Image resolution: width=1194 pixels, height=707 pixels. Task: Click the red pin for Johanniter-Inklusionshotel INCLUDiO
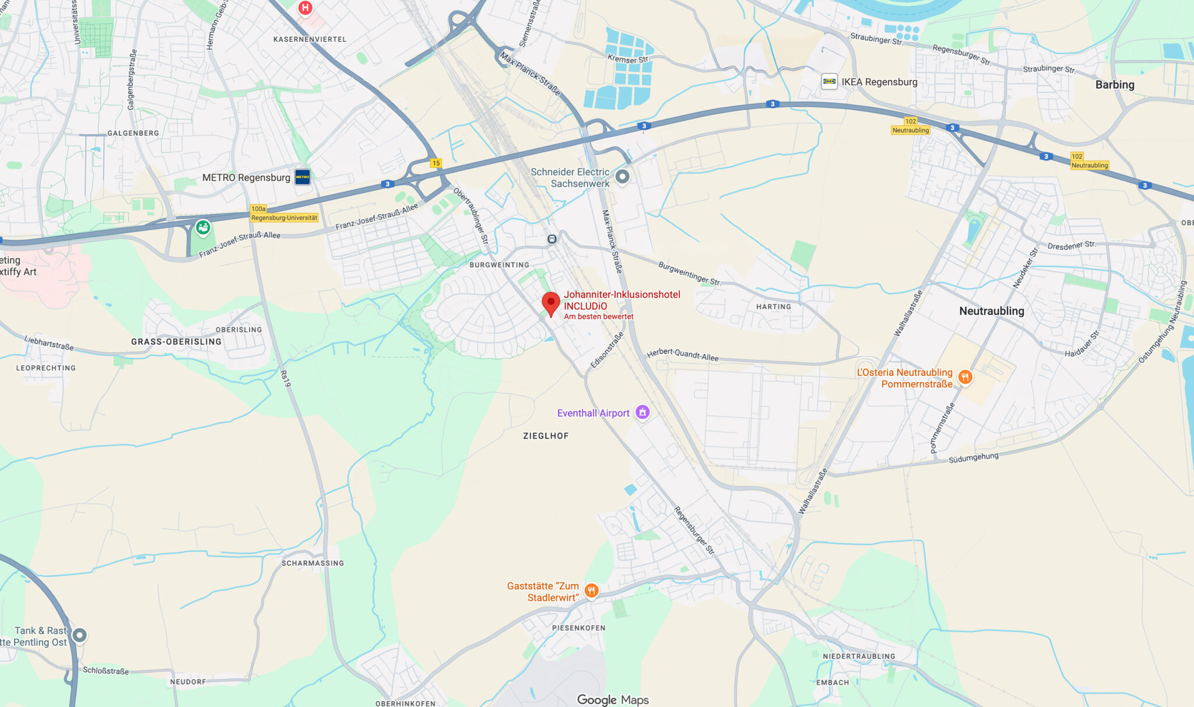point(551,303)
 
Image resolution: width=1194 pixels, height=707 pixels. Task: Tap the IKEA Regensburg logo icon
point(829,82)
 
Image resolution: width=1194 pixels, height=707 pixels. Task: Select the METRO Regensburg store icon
point(302,177)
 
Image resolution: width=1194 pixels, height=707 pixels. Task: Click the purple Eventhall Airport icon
point(642,412)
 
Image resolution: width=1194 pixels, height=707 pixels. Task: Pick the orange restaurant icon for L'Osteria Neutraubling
point(965,377)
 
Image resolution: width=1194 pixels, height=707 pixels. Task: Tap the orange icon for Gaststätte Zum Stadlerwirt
point(591,591)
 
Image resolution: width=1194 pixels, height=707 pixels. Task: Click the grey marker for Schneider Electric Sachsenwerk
point(623,176)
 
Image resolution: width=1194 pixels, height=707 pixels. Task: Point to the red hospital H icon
point(305,8)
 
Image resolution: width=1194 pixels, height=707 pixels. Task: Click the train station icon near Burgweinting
point(552,239)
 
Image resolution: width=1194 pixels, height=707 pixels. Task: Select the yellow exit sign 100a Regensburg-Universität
point(284,213)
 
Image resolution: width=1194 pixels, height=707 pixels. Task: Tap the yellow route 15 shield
point(436,163)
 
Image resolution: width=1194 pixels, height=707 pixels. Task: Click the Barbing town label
point(1114,85)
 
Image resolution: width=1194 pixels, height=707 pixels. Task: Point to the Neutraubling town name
point(991,311)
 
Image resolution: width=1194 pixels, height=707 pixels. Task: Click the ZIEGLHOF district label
point(545,436)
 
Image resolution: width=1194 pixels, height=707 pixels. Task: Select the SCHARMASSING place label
point(312,563)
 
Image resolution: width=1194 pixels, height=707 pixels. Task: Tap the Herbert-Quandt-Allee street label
point(682,354)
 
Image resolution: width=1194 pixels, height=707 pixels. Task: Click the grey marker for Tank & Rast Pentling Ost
point(79,635)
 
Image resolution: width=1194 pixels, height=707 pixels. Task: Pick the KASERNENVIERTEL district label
point(310,39)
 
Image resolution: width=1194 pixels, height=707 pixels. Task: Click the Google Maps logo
point(612,699)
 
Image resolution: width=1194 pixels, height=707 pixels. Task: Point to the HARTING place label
point(773,307)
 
